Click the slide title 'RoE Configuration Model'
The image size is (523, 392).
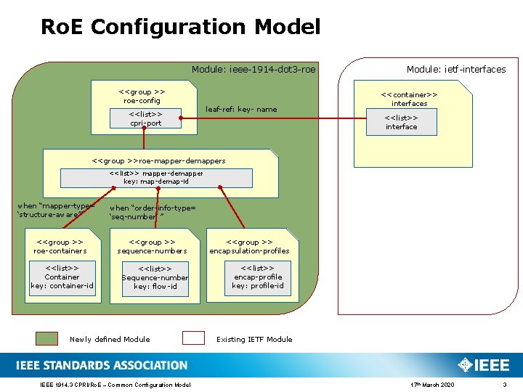[x=180, y=28]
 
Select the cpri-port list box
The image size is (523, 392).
[x=145, y=118]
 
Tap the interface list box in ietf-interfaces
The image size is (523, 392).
[x=401, y=122]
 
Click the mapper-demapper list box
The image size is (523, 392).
[x=156, y=178]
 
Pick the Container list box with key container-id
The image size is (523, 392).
[x=62, y=277]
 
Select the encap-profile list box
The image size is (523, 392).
[x=258, y=277]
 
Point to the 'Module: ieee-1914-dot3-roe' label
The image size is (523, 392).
[x=254, y=70]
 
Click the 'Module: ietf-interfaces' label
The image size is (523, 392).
[x=456, y=70]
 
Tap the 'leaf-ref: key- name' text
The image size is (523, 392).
[x=241, y=110]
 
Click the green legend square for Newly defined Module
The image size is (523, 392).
[x=47, y=338]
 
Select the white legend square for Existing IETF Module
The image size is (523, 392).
[x=193, y=338]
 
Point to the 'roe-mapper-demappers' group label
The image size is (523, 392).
[x=159, y=160]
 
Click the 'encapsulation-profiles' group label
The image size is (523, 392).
[x=249, y=246]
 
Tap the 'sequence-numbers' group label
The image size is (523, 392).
[x=152, y=246]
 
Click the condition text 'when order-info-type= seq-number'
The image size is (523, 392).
[x=152, y=212]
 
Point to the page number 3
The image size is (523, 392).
[x=504, y=384]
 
